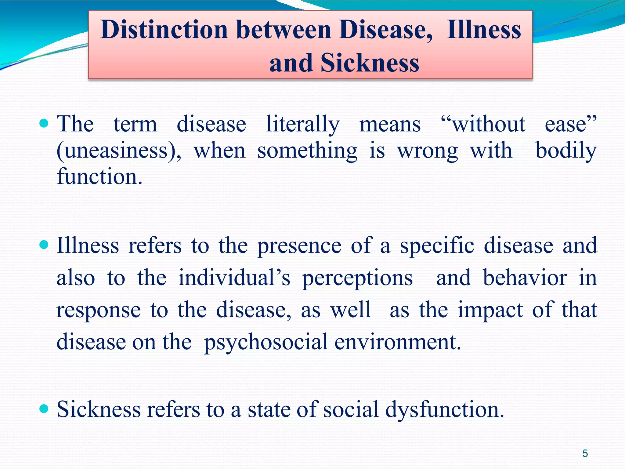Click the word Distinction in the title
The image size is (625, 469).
164,30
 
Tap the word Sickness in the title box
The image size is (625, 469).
370,63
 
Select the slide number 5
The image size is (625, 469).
585,453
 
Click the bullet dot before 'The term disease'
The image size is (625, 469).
44,123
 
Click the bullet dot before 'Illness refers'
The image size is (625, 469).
44,245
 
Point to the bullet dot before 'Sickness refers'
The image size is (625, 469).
44,408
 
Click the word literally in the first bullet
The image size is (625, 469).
303,125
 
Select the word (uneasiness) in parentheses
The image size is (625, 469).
119,151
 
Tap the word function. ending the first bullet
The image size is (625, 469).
99,177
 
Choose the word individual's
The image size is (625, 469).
234,278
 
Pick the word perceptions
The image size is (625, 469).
357,278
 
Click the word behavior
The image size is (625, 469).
525,278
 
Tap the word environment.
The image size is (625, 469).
397,342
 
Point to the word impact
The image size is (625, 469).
490,310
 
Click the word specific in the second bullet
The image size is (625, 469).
437,246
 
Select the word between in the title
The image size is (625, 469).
284,30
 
